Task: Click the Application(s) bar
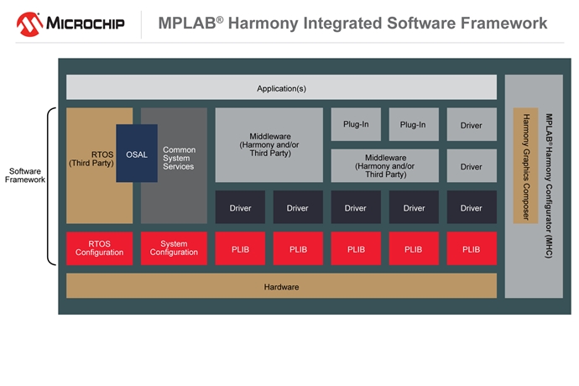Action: (281, 87)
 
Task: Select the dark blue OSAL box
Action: (137, 154)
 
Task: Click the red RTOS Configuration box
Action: (99, 248)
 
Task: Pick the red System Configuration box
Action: (174, 248)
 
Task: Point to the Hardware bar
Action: (281, 286)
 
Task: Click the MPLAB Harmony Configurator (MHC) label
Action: (549, 185)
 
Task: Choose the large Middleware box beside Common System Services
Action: (269, 144)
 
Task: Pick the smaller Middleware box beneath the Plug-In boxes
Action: (385, 166)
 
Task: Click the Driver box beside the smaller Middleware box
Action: (472, 166)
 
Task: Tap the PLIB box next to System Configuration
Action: (240, 248)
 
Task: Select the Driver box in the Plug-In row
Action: (472, 124)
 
